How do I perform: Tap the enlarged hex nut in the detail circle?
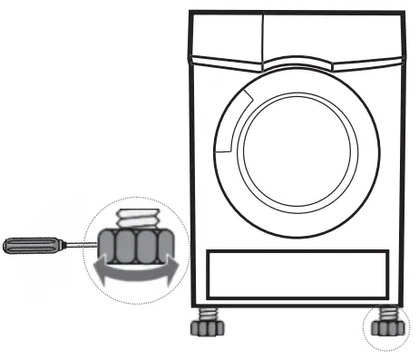click(x=132, y=243)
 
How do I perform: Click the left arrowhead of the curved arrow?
click(x=92, y=269)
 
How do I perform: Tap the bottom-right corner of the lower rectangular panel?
click(x=387, y=296)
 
